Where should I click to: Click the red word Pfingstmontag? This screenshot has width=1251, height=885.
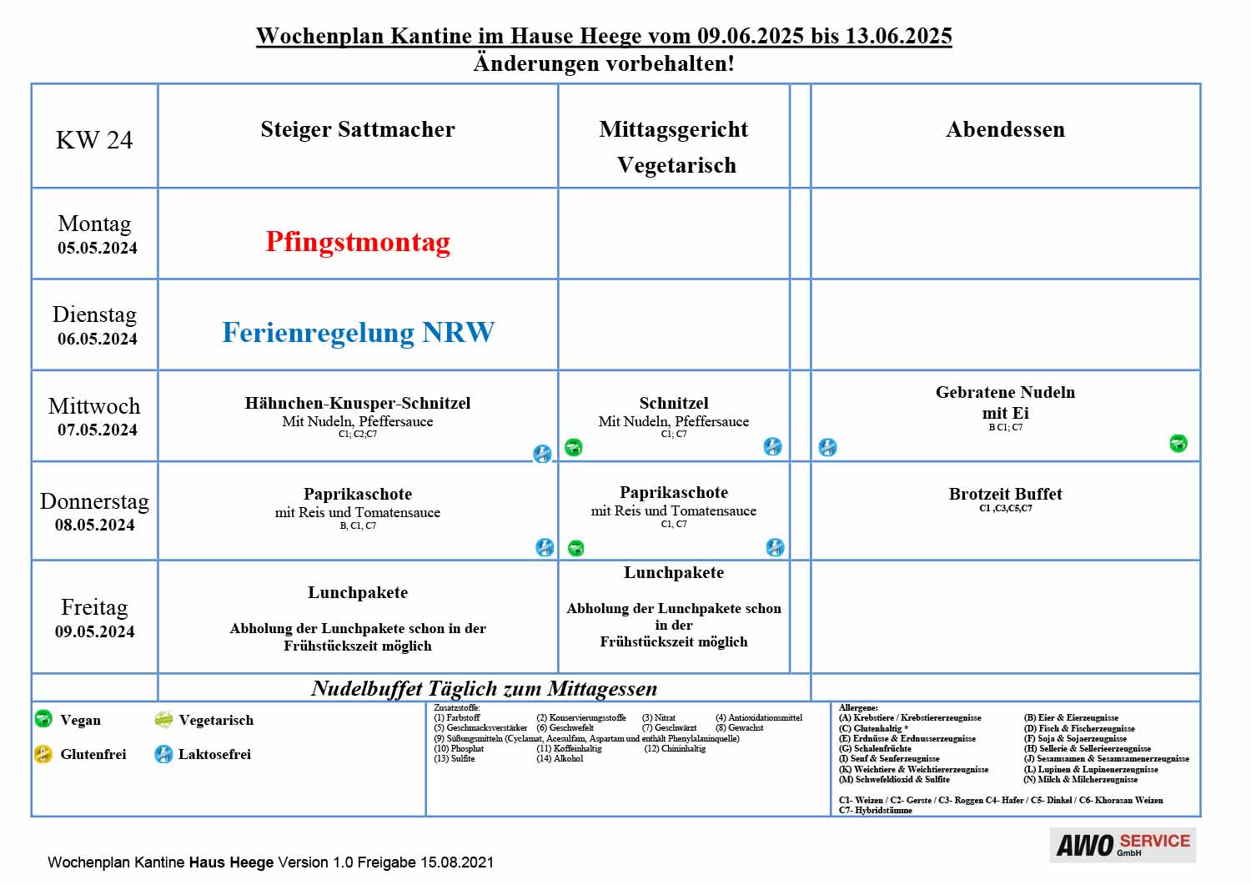coord(358,242)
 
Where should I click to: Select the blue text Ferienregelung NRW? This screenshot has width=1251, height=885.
coord(358,333)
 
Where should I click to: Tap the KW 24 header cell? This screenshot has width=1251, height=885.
coord(94,139)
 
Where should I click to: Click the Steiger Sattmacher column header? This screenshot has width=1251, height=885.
coord(358,129)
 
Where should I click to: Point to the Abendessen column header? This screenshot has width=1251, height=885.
coord(1005,129)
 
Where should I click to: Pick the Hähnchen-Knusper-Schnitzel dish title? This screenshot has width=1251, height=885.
coord(358,403)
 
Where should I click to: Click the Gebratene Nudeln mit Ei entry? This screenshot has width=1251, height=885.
coord(1005,402)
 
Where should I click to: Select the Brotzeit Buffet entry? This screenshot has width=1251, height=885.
coord(1005,494)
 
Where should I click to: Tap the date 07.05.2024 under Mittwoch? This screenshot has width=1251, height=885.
coord(98,430)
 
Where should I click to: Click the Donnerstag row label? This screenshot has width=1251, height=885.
coord(94,501)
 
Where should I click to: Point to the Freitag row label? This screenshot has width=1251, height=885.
coord(94,606)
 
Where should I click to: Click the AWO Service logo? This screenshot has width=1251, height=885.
coord(1123,845)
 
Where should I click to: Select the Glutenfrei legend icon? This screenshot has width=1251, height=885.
coord(43,754)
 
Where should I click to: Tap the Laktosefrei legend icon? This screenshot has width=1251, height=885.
coord(163,754)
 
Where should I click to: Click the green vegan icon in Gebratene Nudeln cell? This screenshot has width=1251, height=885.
coord(1178,444)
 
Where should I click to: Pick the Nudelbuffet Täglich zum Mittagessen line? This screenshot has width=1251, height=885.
coord(485,688)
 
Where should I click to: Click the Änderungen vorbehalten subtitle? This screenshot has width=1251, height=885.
coord(604,63)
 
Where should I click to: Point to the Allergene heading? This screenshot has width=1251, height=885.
coord(858,708)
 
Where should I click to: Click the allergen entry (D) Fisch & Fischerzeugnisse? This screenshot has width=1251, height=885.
coord(1079,728)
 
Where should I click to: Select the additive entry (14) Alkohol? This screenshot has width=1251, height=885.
coord(560,759)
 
